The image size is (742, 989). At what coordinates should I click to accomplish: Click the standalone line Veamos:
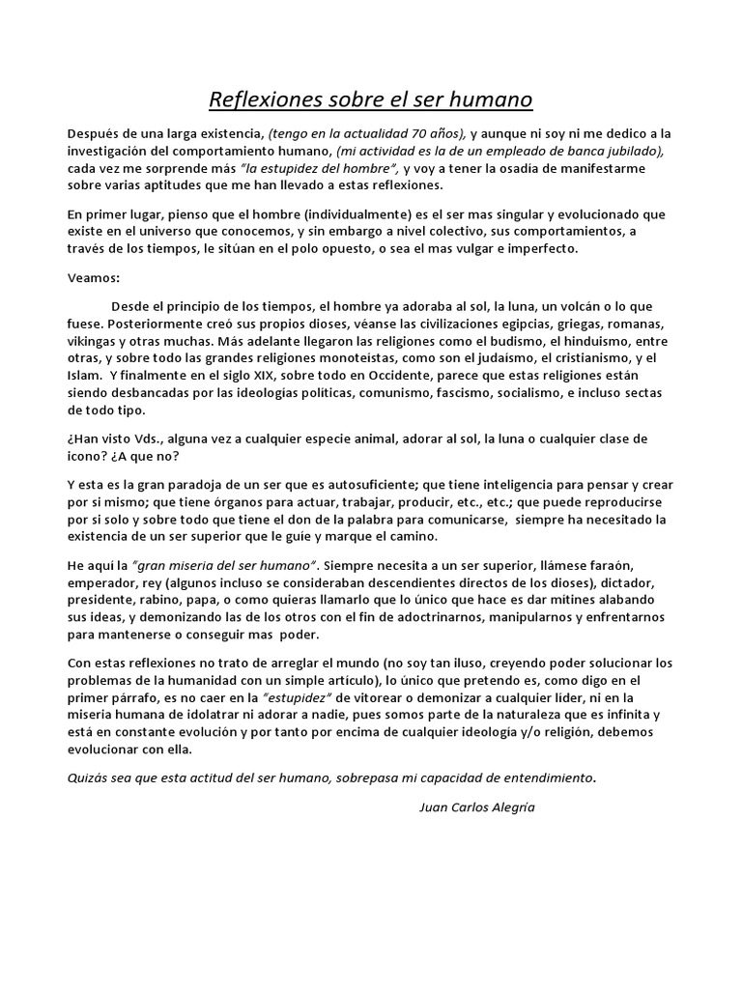(x=94, y=277)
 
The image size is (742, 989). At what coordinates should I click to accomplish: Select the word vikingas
(x=97, y=340)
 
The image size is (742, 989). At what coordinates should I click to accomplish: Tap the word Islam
(x=84, y=375)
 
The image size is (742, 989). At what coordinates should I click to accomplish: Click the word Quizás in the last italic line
(x=89, y=777)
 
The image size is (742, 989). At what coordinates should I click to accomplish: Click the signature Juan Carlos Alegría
(x=476, y=807)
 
